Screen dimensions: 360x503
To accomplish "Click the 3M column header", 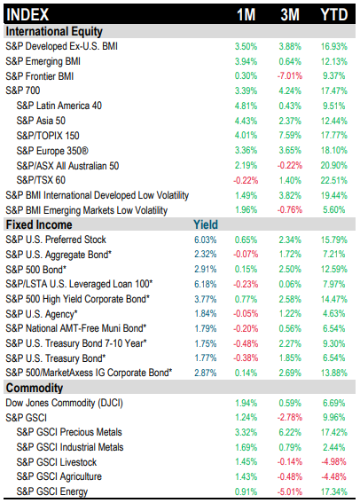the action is point(290,15).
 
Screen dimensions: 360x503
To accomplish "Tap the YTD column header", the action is point(334,15).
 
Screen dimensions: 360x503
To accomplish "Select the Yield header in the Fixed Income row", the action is point(206,224).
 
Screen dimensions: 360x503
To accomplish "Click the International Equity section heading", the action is point(54,31).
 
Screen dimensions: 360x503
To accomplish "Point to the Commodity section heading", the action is point(35,388).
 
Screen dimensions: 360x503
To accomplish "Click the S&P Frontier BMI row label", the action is point(40,76).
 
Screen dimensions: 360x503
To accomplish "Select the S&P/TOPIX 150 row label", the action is point(48,136).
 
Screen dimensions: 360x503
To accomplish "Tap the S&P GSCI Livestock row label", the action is point(57,462).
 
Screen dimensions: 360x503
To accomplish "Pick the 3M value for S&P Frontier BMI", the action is point(290,76).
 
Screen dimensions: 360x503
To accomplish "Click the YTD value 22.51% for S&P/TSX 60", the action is point(334,180).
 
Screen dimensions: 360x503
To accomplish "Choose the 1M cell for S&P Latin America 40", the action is point(246,106).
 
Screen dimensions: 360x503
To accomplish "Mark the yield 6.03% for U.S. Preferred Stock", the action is point(206,240).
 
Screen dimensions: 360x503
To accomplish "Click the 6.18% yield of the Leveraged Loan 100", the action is point(206,284).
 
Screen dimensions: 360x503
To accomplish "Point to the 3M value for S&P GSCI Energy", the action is point(290,491).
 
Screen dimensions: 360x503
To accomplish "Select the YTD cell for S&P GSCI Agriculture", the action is point(334,476).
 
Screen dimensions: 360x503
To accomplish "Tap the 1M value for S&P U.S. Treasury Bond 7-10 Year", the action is point(246,343).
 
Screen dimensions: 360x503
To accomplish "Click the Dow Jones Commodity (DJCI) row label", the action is point(64,403).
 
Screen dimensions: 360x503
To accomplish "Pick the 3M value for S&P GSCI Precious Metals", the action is point(290,432).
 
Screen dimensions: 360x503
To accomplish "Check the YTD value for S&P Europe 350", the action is point(334,151).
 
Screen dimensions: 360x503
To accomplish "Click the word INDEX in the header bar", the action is point(27,15).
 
